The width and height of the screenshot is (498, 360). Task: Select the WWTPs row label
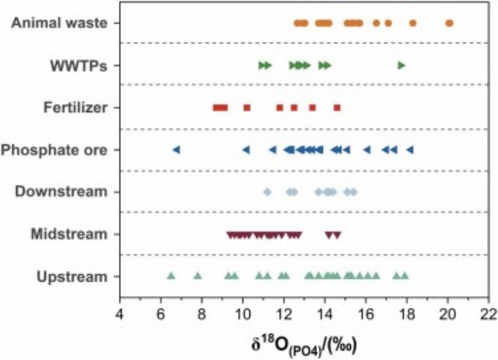(80, 66)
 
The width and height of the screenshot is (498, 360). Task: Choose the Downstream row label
(61, 192)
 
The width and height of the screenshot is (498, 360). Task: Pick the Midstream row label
(69, 234)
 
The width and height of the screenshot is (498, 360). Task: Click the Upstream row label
(74, 276)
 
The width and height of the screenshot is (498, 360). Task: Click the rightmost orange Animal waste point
(449, 24)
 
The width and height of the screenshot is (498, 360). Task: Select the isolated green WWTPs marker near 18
(401, 66)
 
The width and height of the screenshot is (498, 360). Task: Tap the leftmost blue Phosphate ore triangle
(176, 150)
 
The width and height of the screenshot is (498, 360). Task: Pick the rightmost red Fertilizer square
(337, 107)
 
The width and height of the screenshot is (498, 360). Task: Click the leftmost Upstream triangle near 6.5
(171, 275)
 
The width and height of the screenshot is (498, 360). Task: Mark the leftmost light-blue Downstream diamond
(267, 192)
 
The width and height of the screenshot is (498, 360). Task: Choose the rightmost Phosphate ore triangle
(409, 150)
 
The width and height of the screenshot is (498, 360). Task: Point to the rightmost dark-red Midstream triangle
(337, 235)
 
